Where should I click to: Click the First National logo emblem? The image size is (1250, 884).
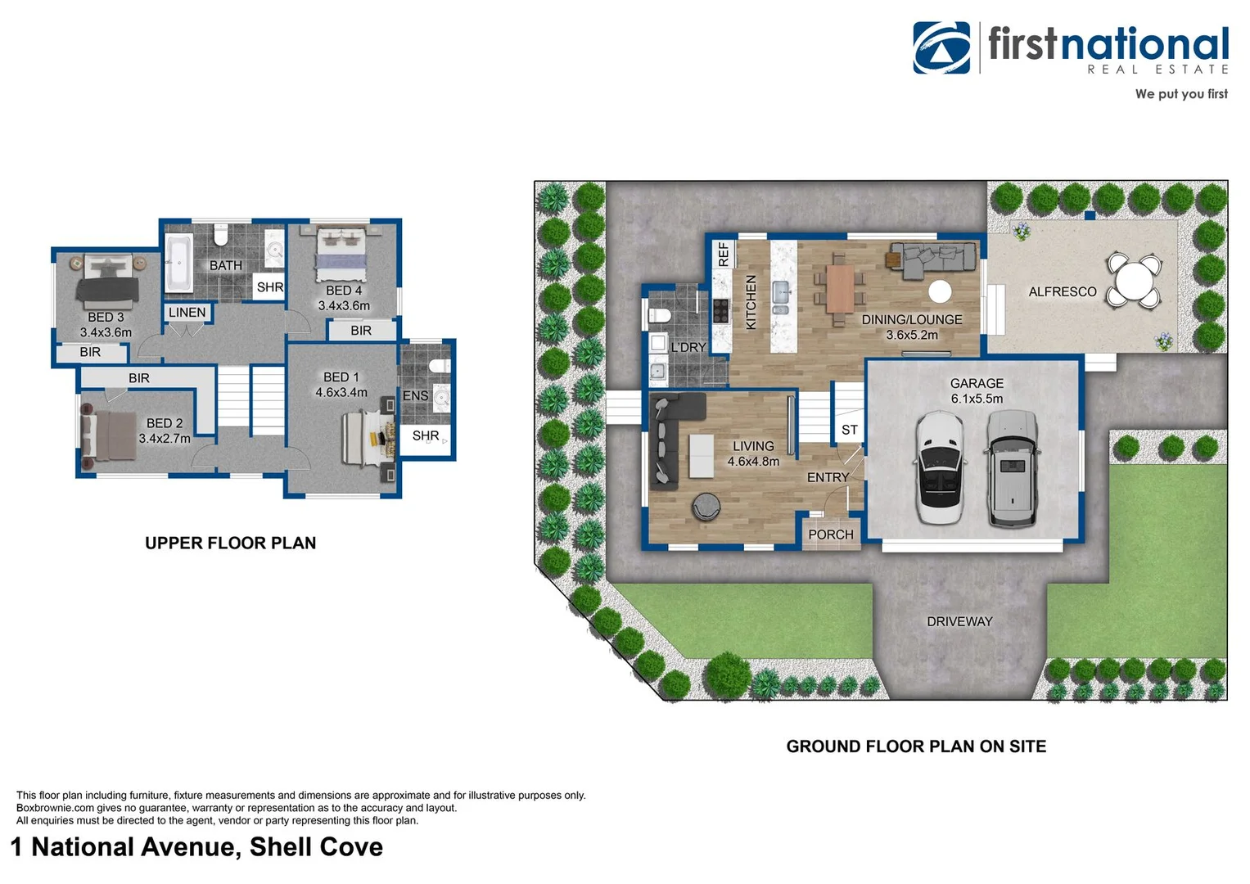pos(941,47)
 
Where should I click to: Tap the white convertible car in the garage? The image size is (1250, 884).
pos(940,467)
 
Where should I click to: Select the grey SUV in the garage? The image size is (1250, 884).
pos(1012,467)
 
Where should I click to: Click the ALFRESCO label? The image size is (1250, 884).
pos(1062,292)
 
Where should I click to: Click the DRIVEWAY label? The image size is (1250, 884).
pos(959,622)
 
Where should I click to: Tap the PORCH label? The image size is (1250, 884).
pos(830,534)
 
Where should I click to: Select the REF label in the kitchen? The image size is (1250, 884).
pos(724,255)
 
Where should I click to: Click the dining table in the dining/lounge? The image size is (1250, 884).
pos(840,288)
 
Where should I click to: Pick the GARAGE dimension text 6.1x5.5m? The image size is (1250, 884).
pos(977,399)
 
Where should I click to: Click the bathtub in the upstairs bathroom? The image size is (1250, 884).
pos(178,264)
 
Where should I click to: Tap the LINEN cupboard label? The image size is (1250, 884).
pos(187,313)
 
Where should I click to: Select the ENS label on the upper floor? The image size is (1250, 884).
pos(415,396)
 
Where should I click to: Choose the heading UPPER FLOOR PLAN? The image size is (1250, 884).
pos(230,543)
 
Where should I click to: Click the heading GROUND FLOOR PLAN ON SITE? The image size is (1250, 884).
pos(916,746)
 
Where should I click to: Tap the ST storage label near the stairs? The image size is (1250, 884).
pos(850,430)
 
